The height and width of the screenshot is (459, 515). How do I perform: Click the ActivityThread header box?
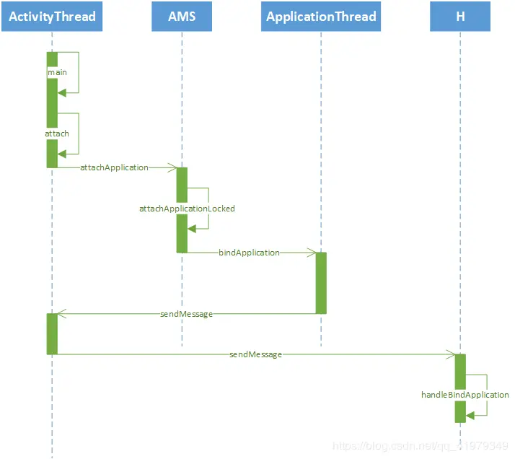pos(52,16)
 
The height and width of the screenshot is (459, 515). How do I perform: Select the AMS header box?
pos(182,16)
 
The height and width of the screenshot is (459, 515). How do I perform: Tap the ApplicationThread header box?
pos(321,16)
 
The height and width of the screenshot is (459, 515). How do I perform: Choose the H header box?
pos(460,16)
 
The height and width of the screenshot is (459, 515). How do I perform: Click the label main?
pos(58,73)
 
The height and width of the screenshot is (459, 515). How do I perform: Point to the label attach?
pos(58,134)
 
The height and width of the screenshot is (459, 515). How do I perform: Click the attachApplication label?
pos(114,167)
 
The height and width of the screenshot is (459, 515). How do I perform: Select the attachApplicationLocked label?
pos(187,209)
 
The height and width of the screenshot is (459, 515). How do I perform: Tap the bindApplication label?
pos(249,253)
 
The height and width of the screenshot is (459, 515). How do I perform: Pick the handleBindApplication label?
pos(465,395)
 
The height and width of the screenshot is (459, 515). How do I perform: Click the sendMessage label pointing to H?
pos(255,354)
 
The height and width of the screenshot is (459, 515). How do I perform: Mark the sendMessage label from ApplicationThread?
pos(186,314)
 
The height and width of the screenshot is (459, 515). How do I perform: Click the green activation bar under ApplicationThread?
pos(321,283)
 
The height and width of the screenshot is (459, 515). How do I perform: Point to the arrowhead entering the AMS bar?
pos(173,167)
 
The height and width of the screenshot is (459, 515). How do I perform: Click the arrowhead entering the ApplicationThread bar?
pos(312,253)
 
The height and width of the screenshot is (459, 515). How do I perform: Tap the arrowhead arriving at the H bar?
pos(451,354)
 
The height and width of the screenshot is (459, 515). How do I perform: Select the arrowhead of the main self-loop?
pos(62,92)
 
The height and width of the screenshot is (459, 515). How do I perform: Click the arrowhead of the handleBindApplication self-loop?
pos(470,415)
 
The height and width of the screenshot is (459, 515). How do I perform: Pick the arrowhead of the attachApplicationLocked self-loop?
pos(192,228)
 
